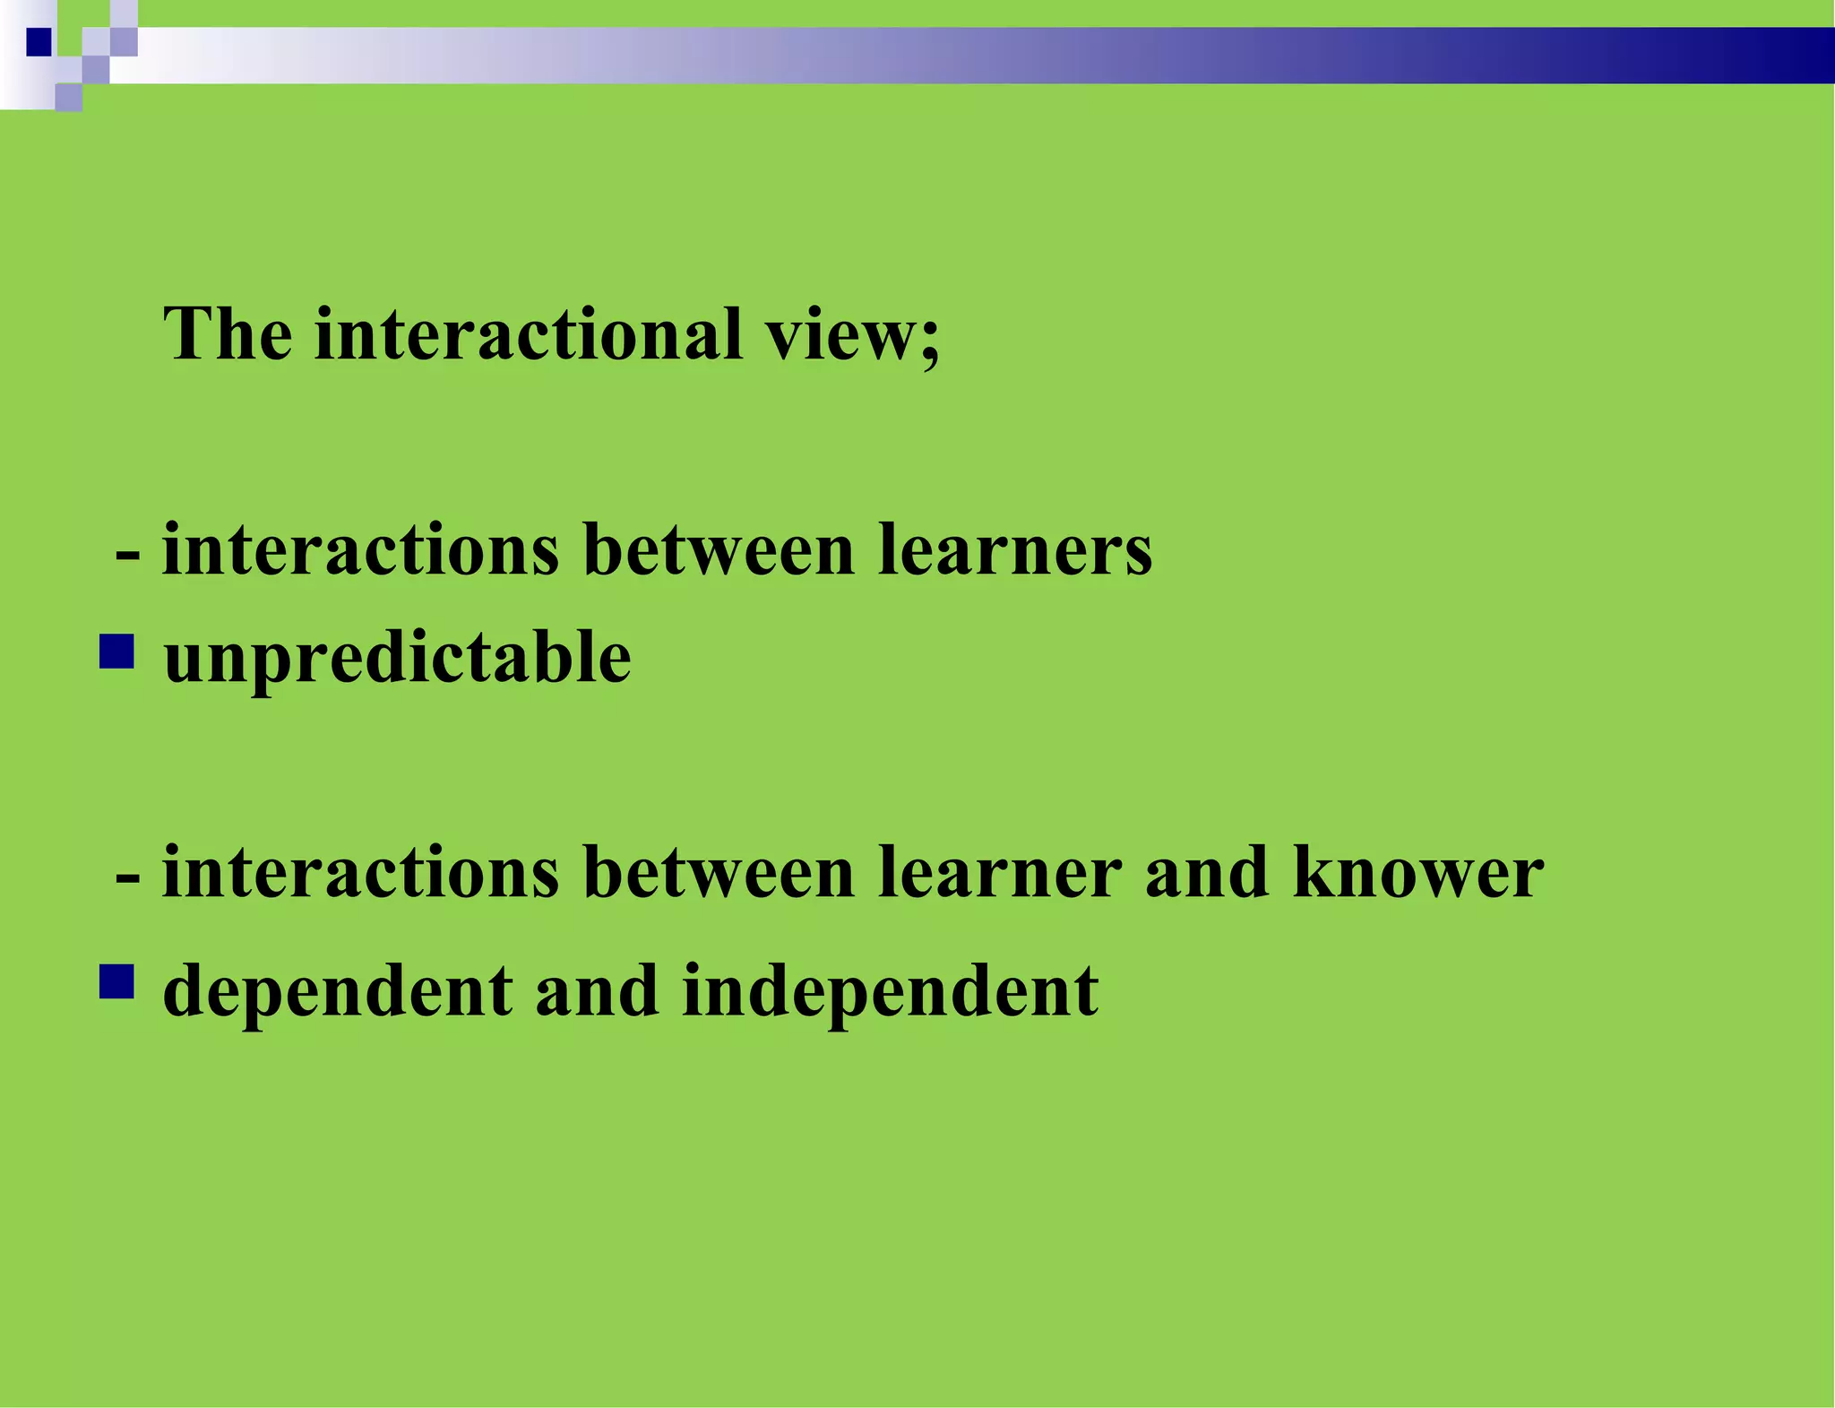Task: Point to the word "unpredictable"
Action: coord(397,659)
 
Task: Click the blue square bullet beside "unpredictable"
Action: coord(116,652)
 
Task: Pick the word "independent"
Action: coord(890,992)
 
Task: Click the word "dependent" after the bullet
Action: coord(338,992)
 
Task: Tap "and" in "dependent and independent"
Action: coord(597,990)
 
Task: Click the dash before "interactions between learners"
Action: coord(127,554)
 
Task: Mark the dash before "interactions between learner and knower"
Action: coord(127,877)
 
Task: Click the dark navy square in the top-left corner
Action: coord(39,42)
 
